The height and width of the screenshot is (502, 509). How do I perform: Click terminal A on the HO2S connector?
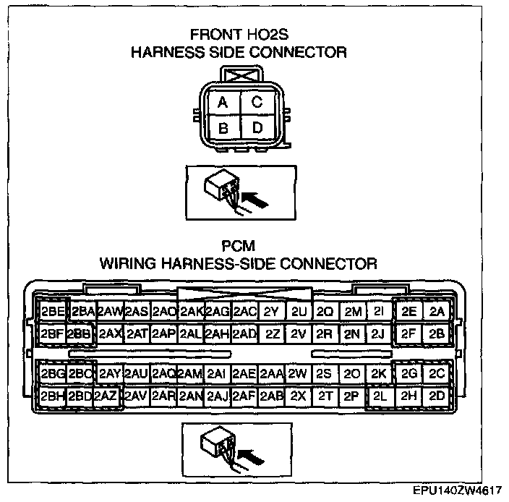click(223, 103)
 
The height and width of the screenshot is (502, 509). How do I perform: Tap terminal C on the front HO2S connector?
click(257, 103)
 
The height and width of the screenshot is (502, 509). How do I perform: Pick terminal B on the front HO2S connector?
click(223, 129)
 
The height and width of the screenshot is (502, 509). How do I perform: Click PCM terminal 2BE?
click(52, 312)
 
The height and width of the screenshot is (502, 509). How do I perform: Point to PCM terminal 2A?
click(436, 312)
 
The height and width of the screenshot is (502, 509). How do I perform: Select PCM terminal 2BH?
click(52, 396)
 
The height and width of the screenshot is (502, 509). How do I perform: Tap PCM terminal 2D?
click(436, 396)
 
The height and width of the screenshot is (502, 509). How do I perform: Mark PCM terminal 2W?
click(297, 373)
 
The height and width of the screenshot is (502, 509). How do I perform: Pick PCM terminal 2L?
click(379, 396)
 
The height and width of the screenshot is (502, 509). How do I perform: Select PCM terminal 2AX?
click(110, 334)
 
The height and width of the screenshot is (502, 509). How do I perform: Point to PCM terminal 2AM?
click(189, 373)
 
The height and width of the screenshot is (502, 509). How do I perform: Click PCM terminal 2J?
click(377, 334)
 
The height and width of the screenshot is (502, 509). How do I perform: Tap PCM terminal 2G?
click(409, 373)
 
